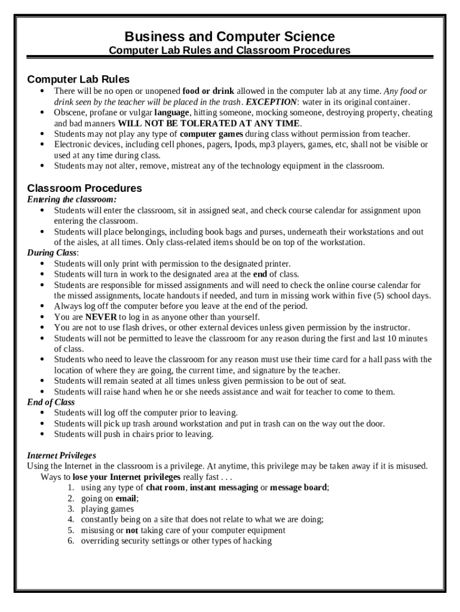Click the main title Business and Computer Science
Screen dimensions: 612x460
point(230,36)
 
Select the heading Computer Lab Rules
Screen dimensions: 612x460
point(78,79)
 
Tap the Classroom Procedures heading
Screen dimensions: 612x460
point(84,188)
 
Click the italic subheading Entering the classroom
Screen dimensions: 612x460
point(72,200)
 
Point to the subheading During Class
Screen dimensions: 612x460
point(53,253)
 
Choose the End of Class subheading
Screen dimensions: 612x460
point(51,402)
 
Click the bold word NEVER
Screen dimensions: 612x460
point(101,317)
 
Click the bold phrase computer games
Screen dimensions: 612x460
point(211,134)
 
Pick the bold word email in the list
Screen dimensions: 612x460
point(126,498)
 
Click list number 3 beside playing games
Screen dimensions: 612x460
point(70,509)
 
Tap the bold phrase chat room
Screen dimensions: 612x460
point(166,488)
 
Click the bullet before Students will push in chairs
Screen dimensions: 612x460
point(42,434)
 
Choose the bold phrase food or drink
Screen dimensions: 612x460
point(208,91)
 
